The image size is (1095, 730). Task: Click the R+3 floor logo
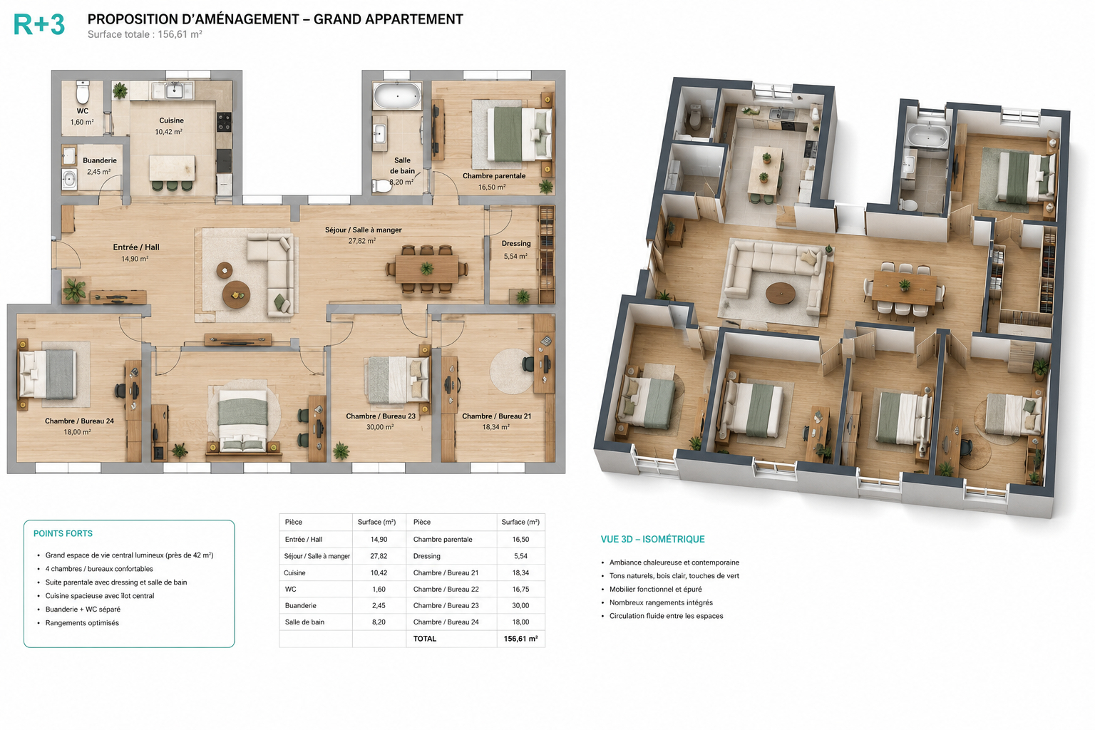(39, 24)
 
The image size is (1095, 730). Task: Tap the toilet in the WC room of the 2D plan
(83, 92)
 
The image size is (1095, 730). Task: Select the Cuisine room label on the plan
(172, 120)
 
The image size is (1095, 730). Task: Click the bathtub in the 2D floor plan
(397, 96)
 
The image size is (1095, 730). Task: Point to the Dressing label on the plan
(515, 244)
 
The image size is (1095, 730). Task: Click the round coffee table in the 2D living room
(237, 295)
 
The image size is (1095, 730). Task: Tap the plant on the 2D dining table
(427, 269)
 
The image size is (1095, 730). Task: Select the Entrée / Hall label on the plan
(136, 247)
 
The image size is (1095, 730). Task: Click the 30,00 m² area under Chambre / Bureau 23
(380, 427)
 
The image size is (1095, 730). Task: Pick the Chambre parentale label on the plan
(494, 176)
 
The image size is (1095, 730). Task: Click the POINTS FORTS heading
(63, 533)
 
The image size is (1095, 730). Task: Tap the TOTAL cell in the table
(425, 639)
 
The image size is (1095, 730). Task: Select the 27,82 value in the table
(379, 556)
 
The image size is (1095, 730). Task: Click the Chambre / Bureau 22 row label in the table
(446, 589)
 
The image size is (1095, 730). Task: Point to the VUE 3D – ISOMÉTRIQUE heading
(652, 540)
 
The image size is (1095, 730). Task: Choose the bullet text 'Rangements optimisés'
(82, 623)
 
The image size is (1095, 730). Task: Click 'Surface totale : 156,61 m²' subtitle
(145, 34)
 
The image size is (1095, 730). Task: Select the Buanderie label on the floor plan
(100, 160)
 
